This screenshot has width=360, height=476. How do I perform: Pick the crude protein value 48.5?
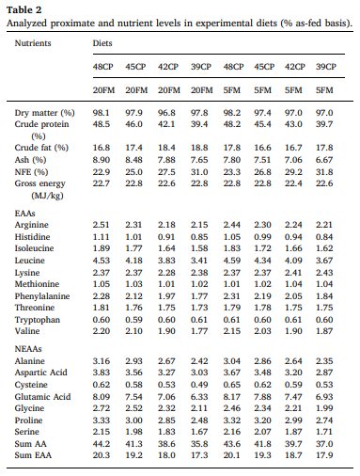tap(102, 123)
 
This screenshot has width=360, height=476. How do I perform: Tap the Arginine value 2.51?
tap(102, 226)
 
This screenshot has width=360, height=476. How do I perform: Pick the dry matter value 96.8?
tap(167, 112)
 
